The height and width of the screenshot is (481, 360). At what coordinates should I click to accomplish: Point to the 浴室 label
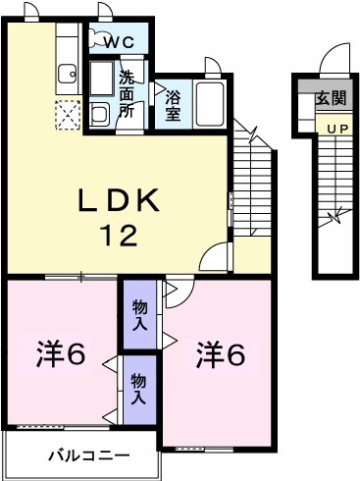click(x=173, y=104)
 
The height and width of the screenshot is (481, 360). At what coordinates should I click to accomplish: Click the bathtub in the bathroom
click(x=210, y=103)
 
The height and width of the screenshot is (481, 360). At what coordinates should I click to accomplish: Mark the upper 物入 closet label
click(x=140, y=315)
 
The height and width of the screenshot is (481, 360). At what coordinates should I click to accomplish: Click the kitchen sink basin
click(x=67, y=75)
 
